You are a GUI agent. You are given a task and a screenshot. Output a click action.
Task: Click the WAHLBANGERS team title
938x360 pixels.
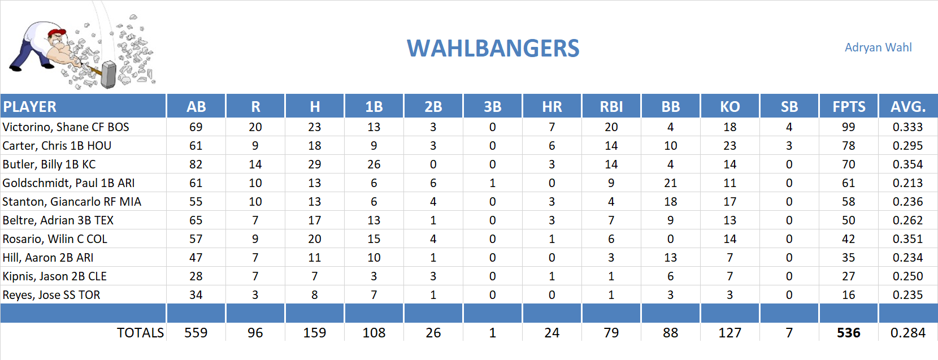pyautogui.click(x=493, y=49)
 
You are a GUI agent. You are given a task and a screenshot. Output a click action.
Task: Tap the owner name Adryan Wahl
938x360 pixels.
pyautogui.click(x=878, y=47)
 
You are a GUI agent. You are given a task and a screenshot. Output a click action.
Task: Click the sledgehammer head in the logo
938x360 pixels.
pyautogui.click(x=108, y=75)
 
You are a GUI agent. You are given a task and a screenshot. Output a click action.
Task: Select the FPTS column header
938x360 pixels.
pyautogui.click(x=848, y=107)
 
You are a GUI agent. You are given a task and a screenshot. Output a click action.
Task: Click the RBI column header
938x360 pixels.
pyautogui.click(x=611, y=107)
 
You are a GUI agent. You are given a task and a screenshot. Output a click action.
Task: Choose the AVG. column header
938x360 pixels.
pyautogui.click(x=907, y=107)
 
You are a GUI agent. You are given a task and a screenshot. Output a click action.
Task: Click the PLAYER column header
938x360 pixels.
pyautogui.click(x=30, y=107)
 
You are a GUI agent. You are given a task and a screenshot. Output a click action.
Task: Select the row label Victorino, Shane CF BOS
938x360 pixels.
pyautogui.click(x=66, y=127)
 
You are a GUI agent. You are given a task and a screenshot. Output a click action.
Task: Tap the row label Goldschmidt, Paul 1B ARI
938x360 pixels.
pyautogui.click(x=68, y=183)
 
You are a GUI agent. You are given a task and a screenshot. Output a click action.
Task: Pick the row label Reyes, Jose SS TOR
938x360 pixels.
pyautogui.click(x=51, y=295)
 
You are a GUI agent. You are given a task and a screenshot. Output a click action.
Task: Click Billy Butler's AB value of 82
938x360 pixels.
pyautogui.click(x=196, y=164)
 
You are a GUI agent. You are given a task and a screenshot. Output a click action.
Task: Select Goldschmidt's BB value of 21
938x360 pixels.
pyautogui.click(x=670, y=183)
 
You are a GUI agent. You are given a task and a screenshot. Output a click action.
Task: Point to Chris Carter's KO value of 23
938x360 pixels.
pyautogui.click(x=729, y=146)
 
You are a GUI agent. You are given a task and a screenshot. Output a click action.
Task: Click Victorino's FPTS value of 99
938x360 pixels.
pyautogui.click(x=848, y=127)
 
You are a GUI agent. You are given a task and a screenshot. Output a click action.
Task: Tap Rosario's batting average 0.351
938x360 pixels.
pyautogui.click(x=907, y=239)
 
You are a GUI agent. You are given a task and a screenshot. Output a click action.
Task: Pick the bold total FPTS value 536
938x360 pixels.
pyautogui.click(x=848, y=333)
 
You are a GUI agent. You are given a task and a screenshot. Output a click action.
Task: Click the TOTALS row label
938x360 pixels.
pyautogui.click(x=140, y=333)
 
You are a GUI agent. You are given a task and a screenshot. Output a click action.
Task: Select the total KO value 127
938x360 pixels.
pyautogui.click(x=729, y=333)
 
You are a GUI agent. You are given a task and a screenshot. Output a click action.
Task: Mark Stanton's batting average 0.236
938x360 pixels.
pyautogui.click(x=907, y=202)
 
